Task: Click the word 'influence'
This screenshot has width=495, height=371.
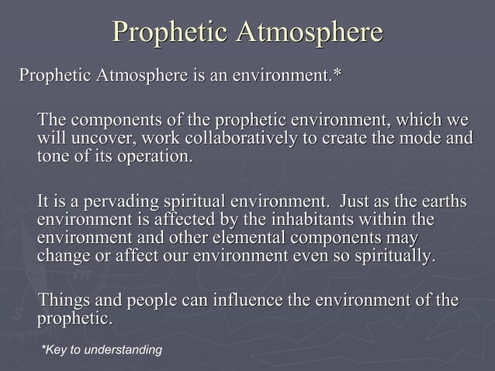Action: click(x=247, y=300)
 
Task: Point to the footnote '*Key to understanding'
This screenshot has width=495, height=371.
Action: click(x=101, y=350)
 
